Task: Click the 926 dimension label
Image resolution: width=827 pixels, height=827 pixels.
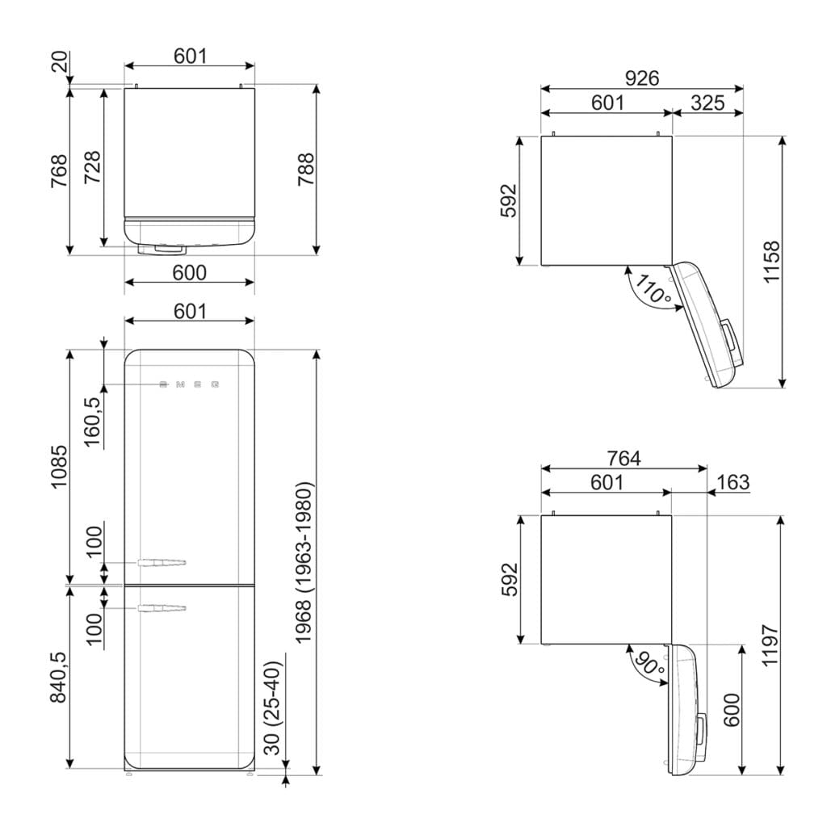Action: [642, 78]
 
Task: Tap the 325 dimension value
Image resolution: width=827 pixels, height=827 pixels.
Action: [707, 103]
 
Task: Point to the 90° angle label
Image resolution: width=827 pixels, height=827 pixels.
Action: [649, 665]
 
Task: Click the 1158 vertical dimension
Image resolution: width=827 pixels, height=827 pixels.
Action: [771, 262]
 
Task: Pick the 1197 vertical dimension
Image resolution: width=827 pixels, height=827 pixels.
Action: [770, 645]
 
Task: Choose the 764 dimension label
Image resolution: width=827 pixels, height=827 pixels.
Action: [623, 459]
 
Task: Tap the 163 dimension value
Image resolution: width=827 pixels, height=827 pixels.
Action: [733, 482]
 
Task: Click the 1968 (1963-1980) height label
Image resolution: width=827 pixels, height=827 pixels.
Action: [304, 562]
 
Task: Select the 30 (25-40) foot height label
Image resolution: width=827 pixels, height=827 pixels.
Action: [274, 709]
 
